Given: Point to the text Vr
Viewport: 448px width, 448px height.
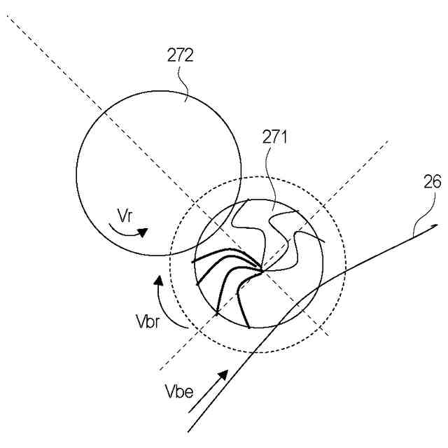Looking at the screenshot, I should click(125, 216).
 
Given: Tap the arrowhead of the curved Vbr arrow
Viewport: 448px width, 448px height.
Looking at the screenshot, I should click(159, 279).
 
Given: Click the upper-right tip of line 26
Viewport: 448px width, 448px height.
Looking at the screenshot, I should click(437, 225).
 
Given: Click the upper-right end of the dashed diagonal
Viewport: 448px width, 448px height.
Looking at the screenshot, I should click(388, 140).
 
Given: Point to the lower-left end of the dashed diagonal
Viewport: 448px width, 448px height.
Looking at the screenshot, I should click(160, 370).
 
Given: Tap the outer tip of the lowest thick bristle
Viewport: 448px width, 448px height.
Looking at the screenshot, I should click(249, 327).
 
